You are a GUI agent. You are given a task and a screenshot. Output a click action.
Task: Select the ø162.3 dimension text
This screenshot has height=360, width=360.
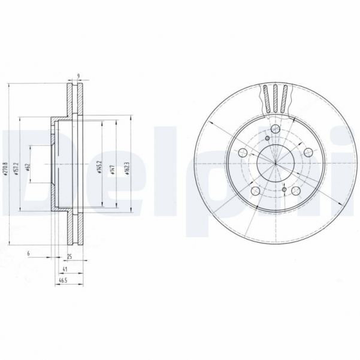click(126, 167)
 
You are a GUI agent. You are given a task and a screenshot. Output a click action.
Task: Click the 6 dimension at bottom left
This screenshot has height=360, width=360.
click(28, 254)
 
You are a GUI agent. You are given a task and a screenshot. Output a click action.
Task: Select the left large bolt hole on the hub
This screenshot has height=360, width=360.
click(241, 153)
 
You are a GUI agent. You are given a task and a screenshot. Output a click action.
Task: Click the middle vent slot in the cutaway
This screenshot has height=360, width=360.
click(275, 98)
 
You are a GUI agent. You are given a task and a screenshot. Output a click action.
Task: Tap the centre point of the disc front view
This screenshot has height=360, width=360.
click(275, 163)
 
